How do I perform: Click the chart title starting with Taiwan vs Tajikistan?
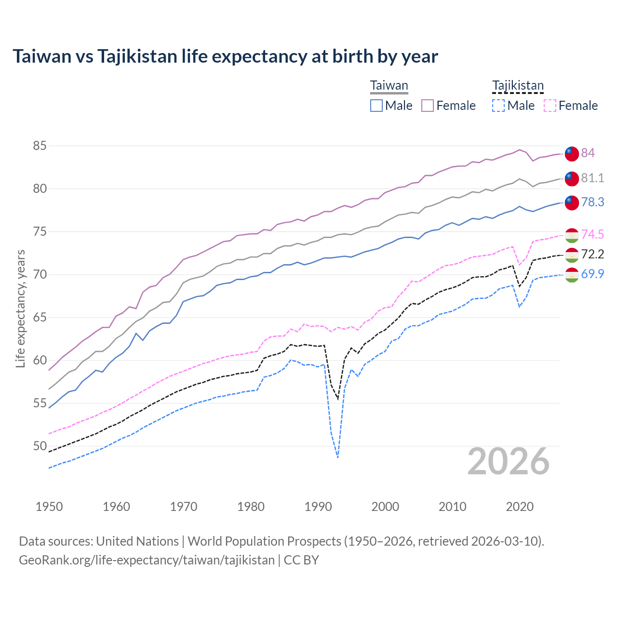(225, 56)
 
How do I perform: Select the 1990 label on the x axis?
(318, 507)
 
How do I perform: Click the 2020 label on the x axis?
(520, 507)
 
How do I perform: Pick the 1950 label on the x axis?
(49, 507)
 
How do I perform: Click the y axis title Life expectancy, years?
(21, 308)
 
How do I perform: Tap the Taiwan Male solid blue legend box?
(376, 106)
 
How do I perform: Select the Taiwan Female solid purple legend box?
(428, 106)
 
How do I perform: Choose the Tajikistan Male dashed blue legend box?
(498, 106)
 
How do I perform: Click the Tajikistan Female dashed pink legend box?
(550, 106)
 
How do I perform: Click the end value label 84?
(588, 153)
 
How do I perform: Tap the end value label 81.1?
(592, 178)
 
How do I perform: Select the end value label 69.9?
(592, 274)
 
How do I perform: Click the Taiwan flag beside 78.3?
(571, 202)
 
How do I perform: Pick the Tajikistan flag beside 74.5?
(571, 235)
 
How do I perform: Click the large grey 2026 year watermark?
(509, 461)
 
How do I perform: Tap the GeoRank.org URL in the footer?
(147, 560)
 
